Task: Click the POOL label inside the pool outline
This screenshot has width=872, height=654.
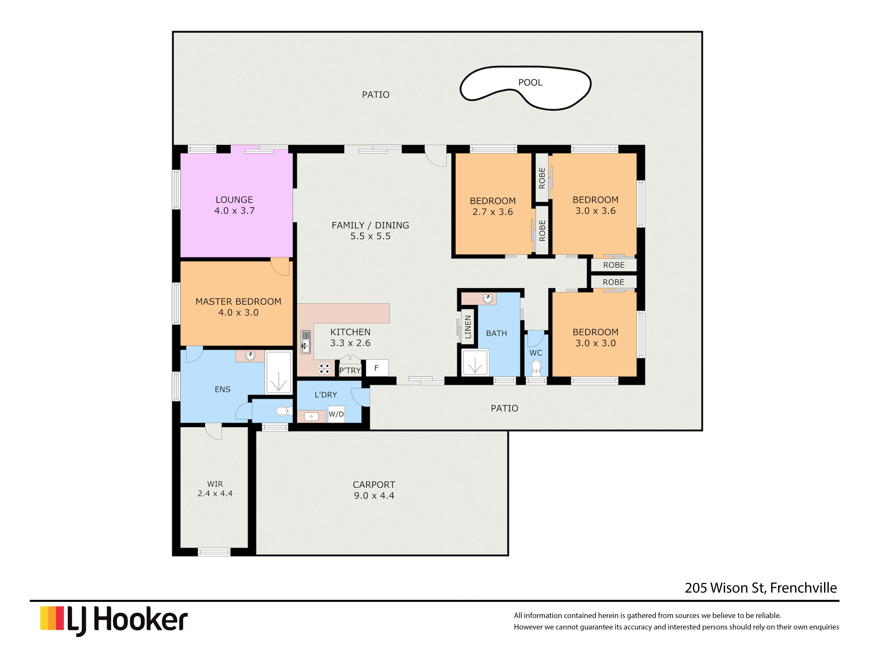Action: [x=530, y=82]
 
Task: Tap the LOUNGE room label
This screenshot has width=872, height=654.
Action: [x=234, y=200]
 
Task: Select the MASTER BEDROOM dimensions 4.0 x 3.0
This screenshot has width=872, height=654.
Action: [x=239, y=313]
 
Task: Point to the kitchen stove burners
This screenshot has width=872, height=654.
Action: [x=324, y=368]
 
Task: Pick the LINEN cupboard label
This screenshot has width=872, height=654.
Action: [x=468, y=327]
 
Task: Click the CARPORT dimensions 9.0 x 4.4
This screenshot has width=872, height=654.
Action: [x=374, y=496]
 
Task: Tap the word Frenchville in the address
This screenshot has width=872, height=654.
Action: [x=803, y=588]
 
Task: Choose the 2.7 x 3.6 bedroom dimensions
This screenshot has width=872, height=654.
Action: [x=493, y=212]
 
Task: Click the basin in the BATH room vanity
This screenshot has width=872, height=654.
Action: [x=488, y=299]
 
